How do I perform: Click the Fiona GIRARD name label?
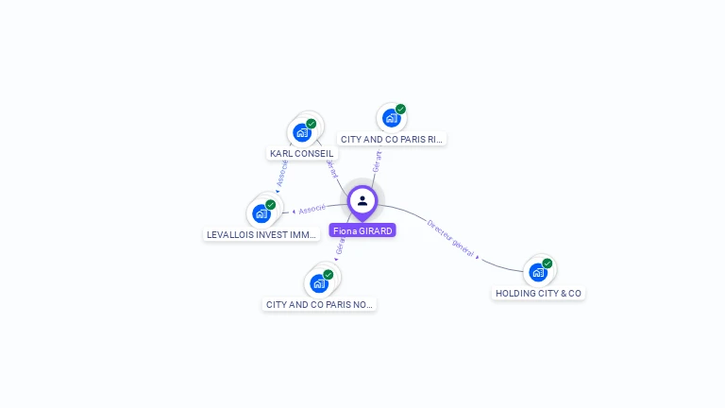[x=362, y=230]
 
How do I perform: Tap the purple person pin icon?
[x=362, y=200]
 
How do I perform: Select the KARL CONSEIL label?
[x=301, y=153]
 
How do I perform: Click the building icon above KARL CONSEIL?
[x=302, y=131]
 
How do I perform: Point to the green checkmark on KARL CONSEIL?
[x=312, y=124]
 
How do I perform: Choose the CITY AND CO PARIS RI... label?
[x=392, y=139]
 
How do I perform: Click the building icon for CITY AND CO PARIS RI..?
[x=391, y=118]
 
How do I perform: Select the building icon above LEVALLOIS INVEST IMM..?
[x=261, y=212]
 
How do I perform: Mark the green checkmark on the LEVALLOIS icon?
[x=271, y=205]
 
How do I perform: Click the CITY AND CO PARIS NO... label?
[x=320, y=304]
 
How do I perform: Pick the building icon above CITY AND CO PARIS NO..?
[x=319, y=282]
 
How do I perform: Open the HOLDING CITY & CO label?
[x=539, y=294]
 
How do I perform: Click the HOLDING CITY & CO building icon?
[x=538, y=272]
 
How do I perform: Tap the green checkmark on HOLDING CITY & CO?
[x=548, y=263]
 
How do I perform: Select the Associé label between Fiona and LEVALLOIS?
[x=312, y=209]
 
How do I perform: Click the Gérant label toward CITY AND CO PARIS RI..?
[x=377, y=161]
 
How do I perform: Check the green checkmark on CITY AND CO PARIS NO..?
[x=329, y=275]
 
